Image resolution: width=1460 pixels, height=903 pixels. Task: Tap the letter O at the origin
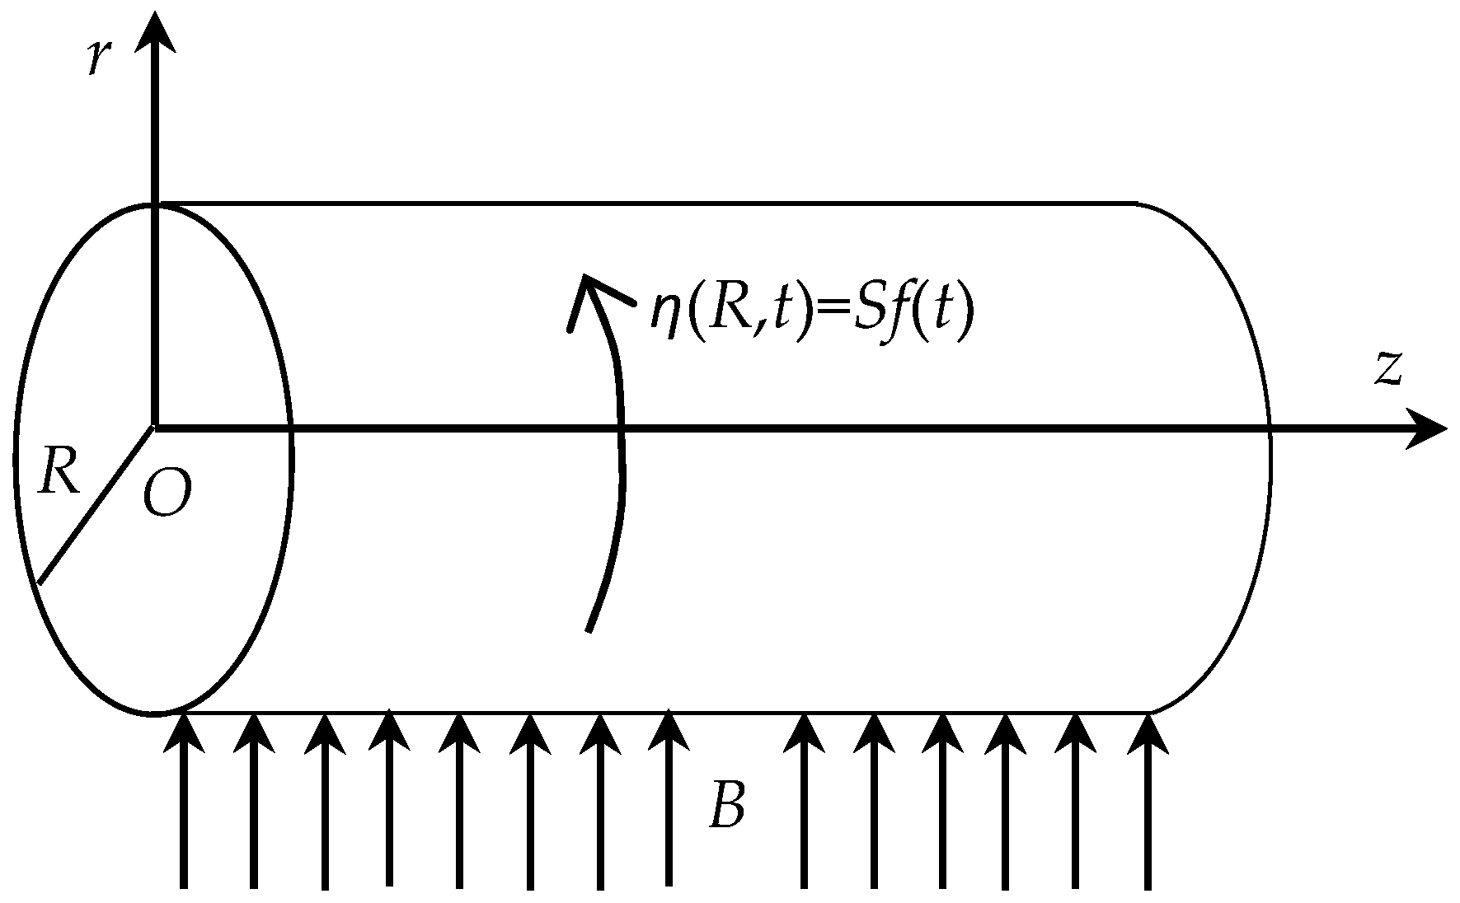(167, 494)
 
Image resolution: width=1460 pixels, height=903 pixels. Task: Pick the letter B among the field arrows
(727, 807)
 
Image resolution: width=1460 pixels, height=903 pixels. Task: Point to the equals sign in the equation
(829, 316)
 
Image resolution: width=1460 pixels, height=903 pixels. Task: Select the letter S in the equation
(868, 313)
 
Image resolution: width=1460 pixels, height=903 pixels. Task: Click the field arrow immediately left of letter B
(669, 799)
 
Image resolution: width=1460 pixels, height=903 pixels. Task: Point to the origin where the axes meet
(154, 428)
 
